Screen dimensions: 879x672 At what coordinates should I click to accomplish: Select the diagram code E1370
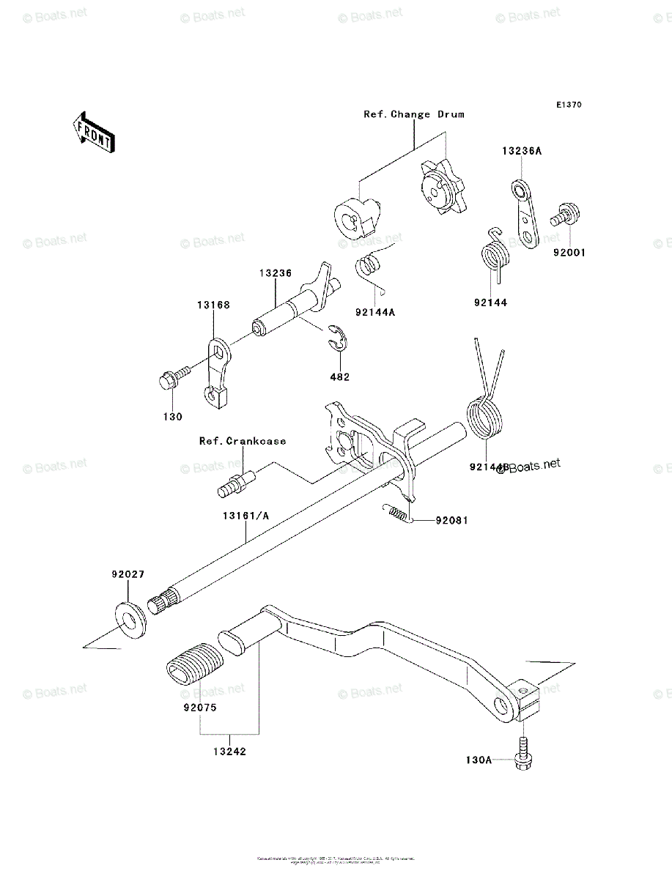click(x=568, y=105)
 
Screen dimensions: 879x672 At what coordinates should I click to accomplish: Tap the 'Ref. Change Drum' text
click(x=414, y=115)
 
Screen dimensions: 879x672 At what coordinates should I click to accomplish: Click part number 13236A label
click(x=522, y=152)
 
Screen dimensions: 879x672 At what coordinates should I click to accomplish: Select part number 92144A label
click(x=374, y=312)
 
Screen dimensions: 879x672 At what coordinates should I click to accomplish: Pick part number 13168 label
click(x=211, y=305)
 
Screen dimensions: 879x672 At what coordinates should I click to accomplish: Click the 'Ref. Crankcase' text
click(x=243, y=441)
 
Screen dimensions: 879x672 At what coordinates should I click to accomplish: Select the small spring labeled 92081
click(x=397, y=514)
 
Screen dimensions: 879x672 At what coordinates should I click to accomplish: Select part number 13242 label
click(x=230, y=751)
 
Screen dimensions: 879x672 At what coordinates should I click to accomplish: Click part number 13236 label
click(x=275, y=273)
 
